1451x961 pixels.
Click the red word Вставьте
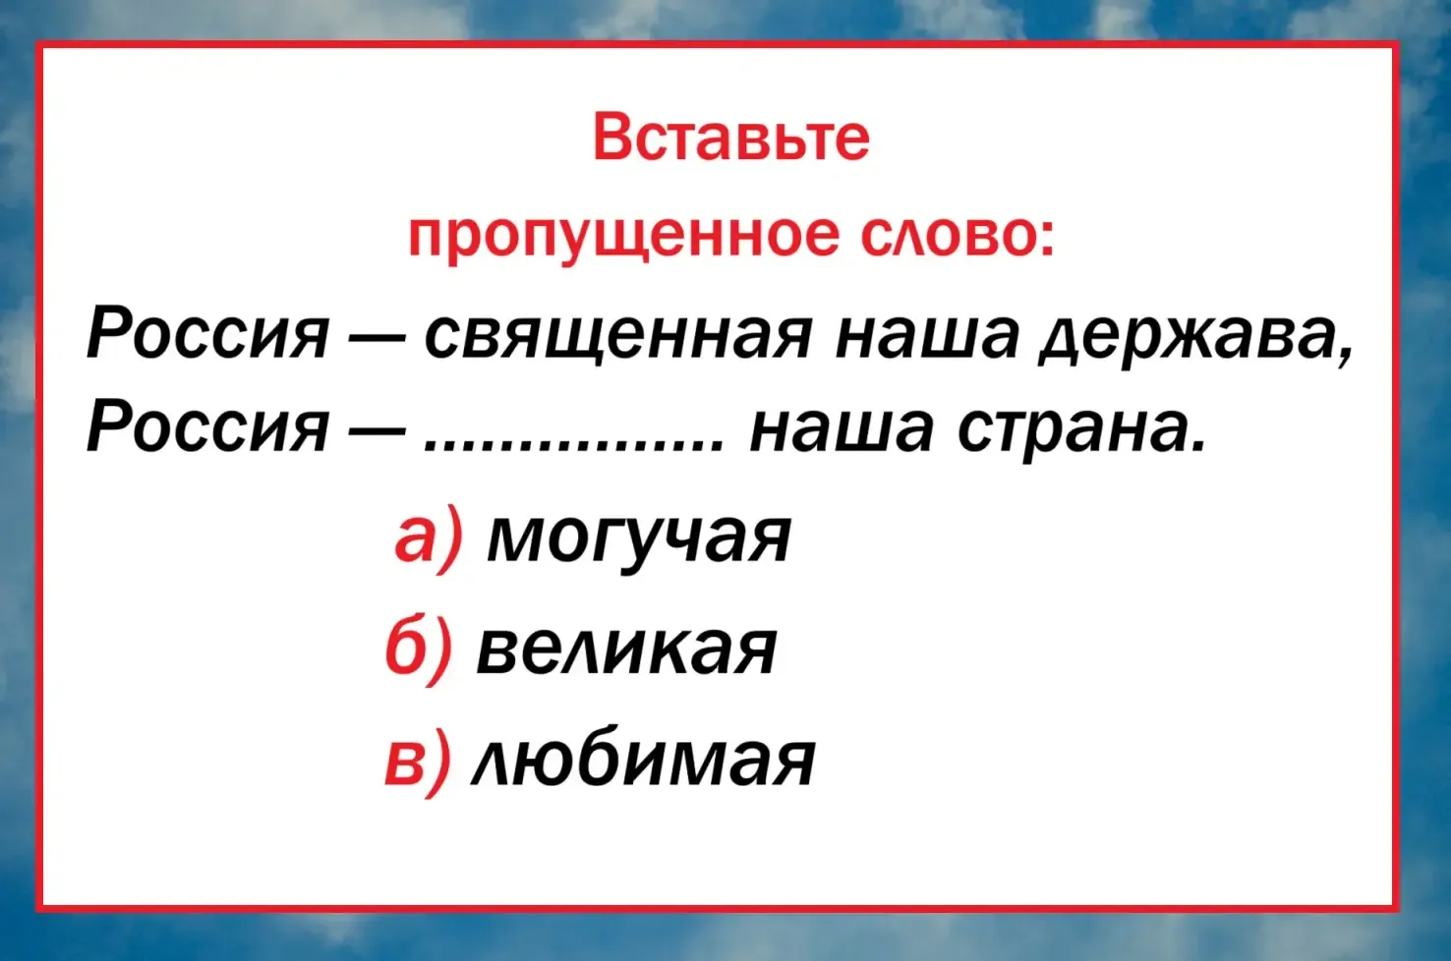tap(731, 138)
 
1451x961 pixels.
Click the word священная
tap(617, 339)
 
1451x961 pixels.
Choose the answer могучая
tap(639, 538)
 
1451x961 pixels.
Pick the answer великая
tap(626, 650)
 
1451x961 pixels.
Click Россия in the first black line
tap(206, 335)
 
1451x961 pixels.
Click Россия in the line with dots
tap(206, 428)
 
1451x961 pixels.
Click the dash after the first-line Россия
tap(376, 341)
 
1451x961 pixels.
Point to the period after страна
tap(1197, 447)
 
